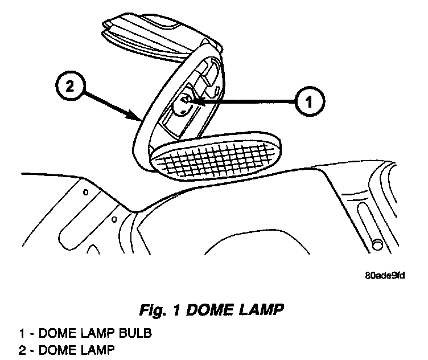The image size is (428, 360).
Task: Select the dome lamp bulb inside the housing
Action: pos(184,104)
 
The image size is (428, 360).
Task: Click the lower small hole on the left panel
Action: pos(114,218)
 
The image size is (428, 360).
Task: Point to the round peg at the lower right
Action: pos(376,244)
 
